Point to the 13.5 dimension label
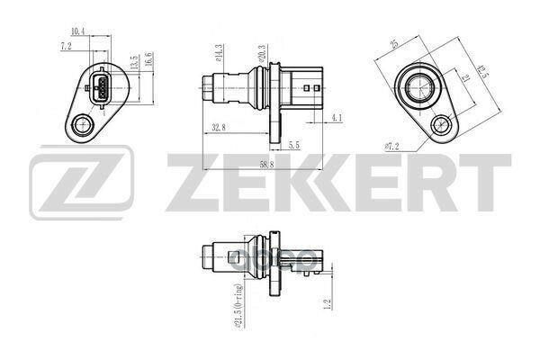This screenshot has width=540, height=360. [x=133, y=66]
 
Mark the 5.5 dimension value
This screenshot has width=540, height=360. [x=293, y=144]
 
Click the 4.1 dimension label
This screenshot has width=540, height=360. [x=336, y=117]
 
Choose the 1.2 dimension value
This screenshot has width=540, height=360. [x=328, y=304]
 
